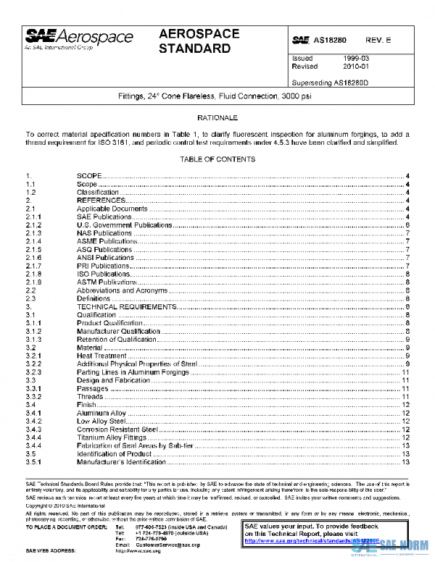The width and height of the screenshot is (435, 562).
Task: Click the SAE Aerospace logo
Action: point(78,39)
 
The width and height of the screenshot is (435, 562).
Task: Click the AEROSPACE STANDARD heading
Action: point(195,42)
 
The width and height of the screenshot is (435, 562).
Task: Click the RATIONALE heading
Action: point(217,117)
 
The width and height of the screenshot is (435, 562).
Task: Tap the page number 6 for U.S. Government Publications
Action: point(409,225)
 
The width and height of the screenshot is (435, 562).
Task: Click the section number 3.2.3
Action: point(34,372)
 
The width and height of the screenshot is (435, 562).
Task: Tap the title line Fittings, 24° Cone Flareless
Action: point(217,97)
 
